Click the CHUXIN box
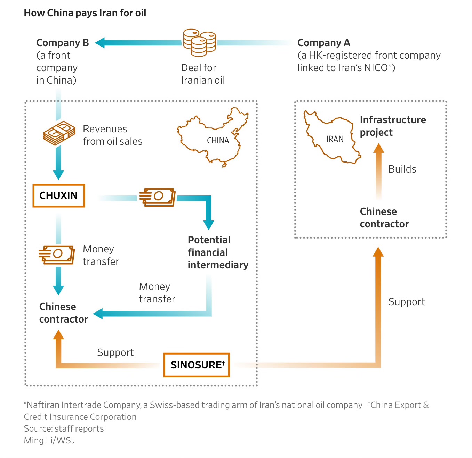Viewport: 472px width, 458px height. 59,196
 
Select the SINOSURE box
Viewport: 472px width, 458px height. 197,365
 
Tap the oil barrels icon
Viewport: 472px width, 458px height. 199,43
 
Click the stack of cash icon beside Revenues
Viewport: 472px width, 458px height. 59,133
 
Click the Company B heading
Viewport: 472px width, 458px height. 63,43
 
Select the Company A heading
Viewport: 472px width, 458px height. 324,43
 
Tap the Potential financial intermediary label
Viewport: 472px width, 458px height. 218,252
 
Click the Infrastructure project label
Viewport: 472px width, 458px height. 393,126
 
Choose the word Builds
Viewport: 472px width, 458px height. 402,169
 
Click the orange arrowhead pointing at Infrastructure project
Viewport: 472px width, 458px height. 378,148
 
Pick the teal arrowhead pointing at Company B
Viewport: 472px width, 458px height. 100,43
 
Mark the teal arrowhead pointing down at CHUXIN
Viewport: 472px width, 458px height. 58,175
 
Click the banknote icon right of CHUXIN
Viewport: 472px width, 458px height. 158,197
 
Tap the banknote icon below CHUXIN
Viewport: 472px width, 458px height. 57,255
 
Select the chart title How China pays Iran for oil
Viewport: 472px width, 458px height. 85,13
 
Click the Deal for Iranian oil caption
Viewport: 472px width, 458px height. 203,74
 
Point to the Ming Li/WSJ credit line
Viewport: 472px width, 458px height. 49,440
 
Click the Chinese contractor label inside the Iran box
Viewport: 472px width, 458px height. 384,218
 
